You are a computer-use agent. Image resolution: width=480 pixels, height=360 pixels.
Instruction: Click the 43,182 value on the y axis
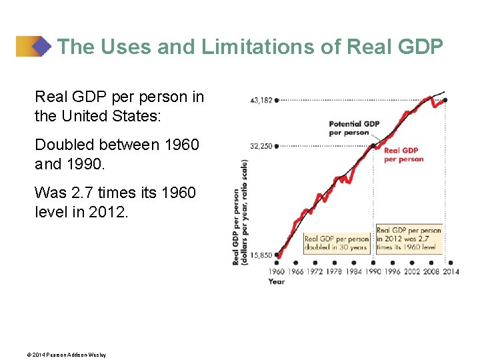point(261,101)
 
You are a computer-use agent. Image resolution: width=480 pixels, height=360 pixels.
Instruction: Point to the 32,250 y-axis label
point(261,146)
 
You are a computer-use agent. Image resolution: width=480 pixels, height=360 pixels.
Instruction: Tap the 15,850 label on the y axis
point(261,255)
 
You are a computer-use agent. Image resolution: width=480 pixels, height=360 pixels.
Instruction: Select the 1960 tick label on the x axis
point(277,271)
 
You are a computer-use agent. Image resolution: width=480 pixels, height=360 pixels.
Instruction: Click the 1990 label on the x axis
point(373,271)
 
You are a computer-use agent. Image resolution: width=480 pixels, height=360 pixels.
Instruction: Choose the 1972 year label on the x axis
point(315,271)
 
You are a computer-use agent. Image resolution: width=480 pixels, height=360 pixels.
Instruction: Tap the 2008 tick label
point(431,271)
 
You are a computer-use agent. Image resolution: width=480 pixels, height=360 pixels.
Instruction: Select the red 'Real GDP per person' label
point(403,155)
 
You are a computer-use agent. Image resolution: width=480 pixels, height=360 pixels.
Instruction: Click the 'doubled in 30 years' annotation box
point(336,243)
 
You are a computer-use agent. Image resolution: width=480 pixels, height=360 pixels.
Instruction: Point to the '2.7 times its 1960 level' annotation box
point(408,238)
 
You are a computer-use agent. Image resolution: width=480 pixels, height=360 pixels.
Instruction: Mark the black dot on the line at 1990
point(373,146)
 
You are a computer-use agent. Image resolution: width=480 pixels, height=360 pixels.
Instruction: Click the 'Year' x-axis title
point(276,281)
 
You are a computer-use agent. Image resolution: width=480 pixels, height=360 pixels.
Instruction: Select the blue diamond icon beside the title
point(42,47)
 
